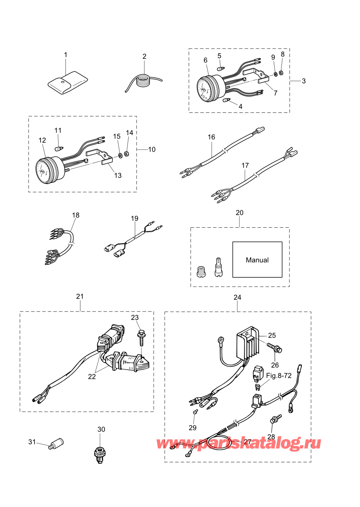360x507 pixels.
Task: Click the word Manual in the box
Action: pyautogui.click(x=257, y=260)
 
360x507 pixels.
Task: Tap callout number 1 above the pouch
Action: pyautogui.click(x=66, y=55)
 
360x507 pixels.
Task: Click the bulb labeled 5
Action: pyautogui.click(x=221, y=68)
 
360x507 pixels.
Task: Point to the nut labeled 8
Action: pyautogui.click(x=281, y=73)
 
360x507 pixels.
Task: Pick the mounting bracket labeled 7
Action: pyautogui.click(x=257, y=76)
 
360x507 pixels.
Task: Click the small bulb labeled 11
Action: pyautogui.click(x=59, y=148)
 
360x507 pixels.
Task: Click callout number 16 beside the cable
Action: pyautogui.click(x=211, y=137)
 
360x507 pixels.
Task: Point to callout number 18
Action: pyautogui.click(x=76, y=215)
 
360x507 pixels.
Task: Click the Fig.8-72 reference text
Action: pyautogui.click(x=278, y=375)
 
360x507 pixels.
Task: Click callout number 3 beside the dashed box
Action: pyautogui.click(x=304, y=81)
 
